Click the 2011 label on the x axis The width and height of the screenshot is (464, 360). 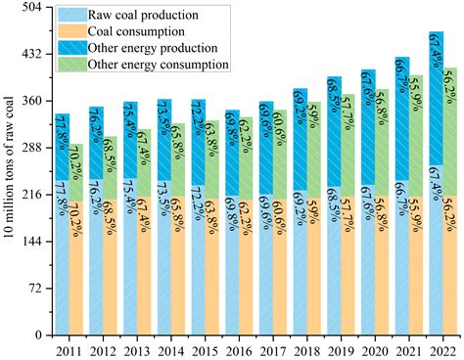point(69,349)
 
